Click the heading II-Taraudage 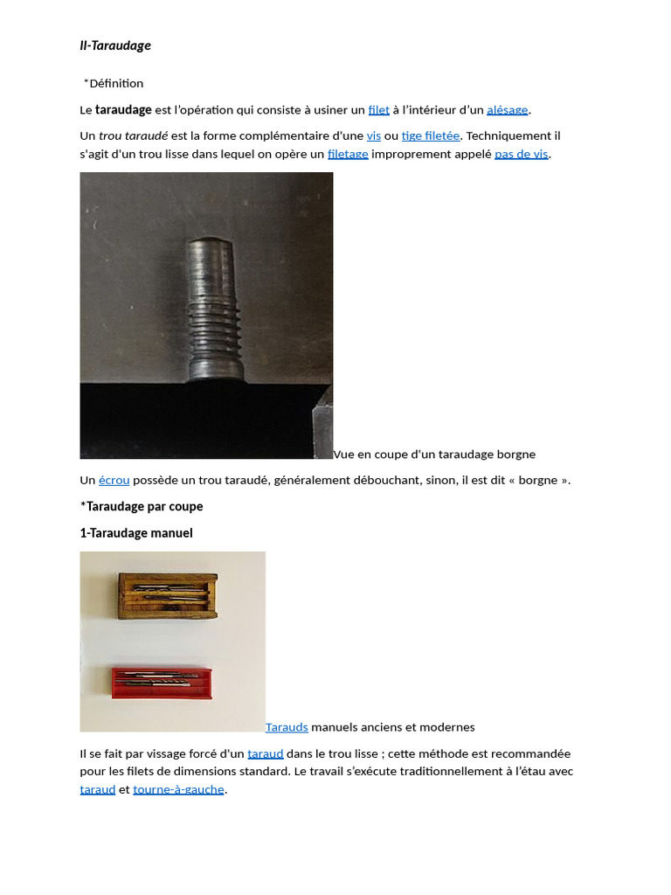click(x=115, y=45)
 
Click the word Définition click(x=116, y=83)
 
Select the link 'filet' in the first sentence click(x=378, y=110)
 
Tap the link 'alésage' click(x=507, y=110)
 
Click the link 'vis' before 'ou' click(x=373, y=136)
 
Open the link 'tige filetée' click(x=431, y=136)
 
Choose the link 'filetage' click(x=348, y=155)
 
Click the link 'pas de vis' click(x=522, y=155)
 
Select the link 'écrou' click(x=114, y=481)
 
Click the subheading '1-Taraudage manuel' click(x=136, y=533)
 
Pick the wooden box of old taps click(x=167, y=595)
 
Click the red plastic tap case click(x=163, y=681)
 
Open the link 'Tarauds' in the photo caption click(x=287, y=727)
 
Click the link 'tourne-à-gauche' click(x=178, y=790)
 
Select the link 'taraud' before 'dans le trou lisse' click(x=266, y=753)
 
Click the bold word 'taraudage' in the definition click(x=123, y=110)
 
